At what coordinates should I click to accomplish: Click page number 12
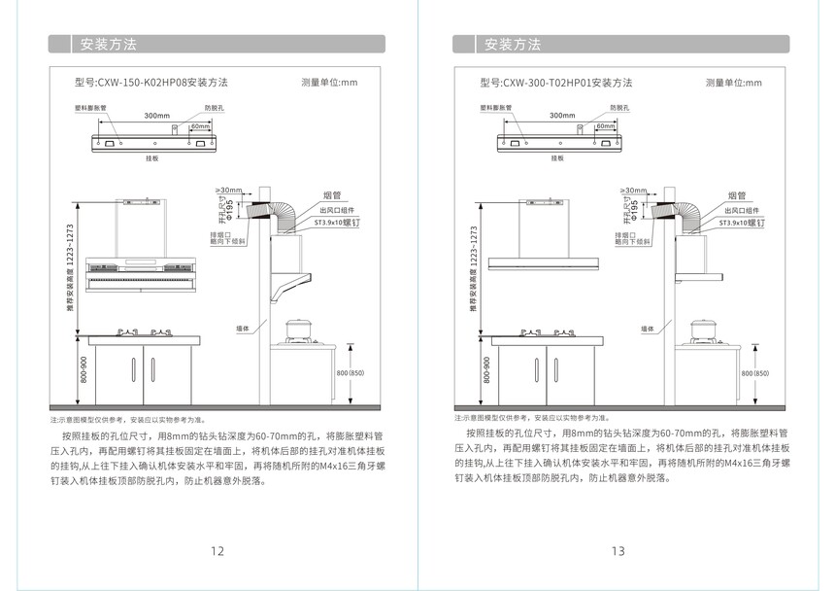coord(217,551)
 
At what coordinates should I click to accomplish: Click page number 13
coord(618,551)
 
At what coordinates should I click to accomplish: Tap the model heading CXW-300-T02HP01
coord(556,83)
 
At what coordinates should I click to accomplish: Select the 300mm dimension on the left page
coord(156,116)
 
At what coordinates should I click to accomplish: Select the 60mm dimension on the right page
coord(605,126)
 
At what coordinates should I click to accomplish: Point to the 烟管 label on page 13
coord(736,195)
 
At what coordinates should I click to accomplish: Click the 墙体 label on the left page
coord(243,330)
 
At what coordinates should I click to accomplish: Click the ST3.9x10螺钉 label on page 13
coord(741,223)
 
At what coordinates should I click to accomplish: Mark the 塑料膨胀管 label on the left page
coord(90,108)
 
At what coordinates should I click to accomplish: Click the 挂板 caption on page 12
coord(150,157)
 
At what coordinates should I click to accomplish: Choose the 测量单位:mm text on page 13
coord(734,83)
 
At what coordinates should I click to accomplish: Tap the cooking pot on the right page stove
coord(703,330)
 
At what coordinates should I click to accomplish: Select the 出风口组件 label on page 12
coord(337,210)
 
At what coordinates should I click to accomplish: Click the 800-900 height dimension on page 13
coord(486,369)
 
